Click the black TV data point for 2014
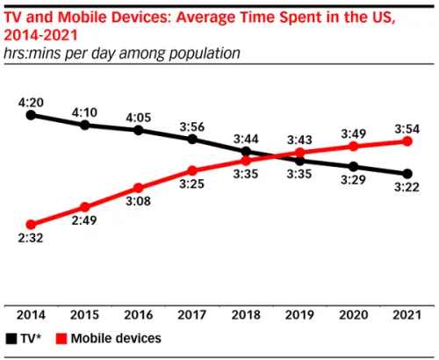31,114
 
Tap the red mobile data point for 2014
31,225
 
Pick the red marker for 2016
139,188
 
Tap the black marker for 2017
192,139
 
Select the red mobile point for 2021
407,141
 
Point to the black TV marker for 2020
353,166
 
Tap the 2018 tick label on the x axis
246,314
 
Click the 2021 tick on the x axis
407,314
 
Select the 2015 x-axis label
85,314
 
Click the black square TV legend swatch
11,337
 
